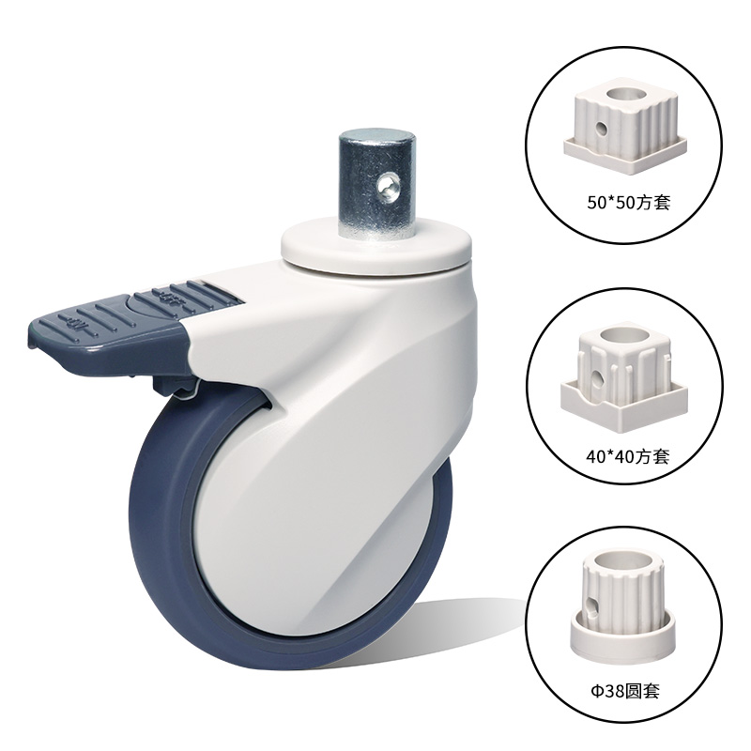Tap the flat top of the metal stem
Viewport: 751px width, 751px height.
point(376,135)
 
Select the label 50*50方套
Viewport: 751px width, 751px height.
point(628,203)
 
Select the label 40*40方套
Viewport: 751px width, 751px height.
point(627,456)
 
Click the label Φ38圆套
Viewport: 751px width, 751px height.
point(625,691)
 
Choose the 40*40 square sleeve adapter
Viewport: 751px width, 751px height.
point(624,376)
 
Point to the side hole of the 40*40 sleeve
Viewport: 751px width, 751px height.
point(597,379)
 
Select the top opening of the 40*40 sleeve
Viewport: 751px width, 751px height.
point(624,336)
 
